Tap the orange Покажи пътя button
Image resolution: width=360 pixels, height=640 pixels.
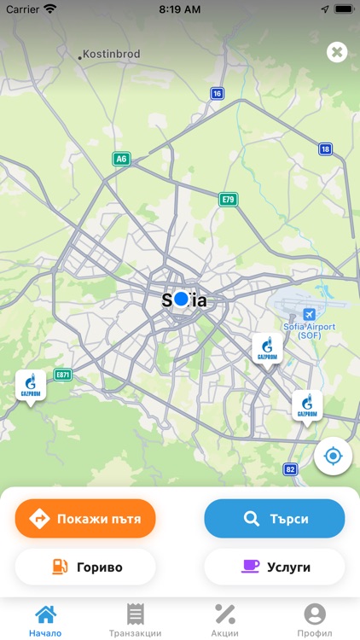coord(85,518)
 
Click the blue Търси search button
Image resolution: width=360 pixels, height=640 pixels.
coord(274,518)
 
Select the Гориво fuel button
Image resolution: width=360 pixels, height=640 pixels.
coord(85,567)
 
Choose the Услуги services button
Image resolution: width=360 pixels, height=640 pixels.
coord(274,567)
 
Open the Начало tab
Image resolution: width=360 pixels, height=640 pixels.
coord(45,620)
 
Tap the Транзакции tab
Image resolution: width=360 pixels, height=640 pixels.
coord(135,620)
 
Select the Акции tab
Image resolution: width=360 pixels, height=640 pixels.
coord(225,620)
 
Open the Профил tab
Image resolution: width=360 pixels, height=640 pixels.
coord(315,620)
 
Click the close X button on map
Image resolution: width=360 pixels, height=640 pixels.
coord(337,53)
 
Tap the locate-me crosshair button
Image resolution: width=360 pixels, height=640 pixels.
coord(333,457)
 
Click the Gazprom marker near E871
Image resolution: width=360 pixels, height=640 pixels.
coord(31,387)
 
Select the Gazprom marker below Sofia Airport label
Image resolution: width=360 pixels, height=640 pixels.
coord(267,348)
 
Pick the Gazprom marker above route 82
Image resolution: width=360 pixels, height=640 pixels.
coord(307,406)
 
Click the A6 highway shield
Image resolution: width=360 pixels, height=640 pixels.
coord(121,159)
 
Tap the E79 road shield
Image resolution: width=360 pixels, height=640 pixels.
coord(228,200)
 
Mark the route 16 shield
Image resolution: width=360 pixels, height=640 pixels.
coord(218,94)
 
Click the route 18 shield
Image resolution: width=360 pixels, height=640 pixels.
coord(325,149)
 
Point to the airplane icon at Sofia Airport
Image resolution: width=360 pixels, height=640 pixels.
coord(309,314)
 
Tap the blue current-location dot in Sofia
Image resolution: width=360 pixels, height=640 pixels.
coord(181,299)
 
